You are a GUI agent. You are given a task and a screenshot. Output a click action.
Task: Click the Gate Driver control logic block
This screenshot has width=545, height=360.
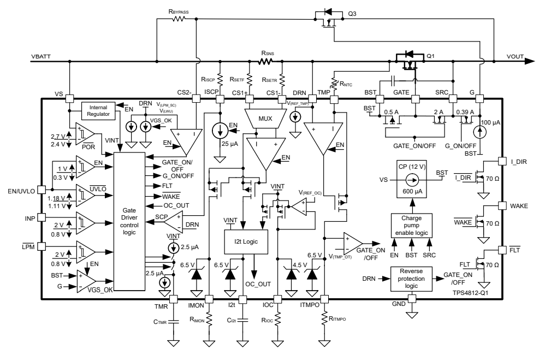(x=130, y=223)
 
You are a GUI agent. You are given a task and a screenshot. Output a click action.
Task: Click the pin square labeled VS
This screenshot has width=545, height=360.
(x=69, y=99)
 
